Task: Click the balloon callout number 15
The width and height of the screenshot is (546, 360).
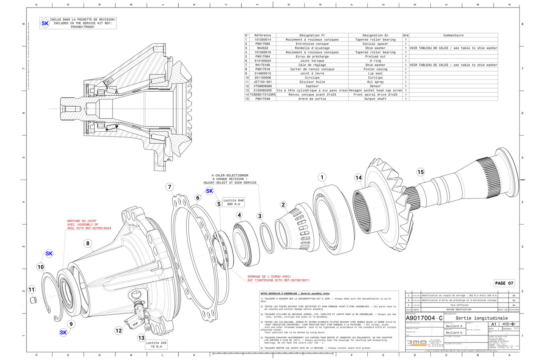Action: click(421, 172)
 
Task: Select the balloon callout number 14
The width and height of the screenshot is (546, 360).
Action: click(358, 178)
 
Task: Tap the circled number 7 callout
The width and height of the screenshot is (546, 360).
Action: click(170, 187)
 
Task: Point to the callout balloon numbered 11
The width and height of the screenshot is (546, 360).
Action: click(32, 290)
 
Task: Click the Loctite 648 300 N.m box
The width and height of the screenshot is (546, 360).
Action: click(234, 202)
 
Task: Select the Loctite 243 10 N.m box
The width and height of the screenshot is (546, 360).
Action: click(156, 344)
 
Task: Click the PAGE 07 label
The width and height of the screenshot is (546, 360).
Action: click(504, 283)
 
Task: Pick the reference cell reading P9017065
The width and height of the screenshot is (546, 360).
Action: click(263, 44)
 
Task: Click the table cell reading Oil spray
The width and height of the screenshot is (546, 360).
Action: click(375, 82)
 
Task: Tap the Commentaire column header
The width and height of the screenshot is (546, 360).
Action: click(453, 35)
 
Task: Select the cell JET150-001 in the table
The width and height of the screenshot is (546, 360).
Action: click(263, 82)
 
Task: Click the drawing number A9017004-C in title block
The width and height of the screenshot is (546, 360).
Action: click(424, 318)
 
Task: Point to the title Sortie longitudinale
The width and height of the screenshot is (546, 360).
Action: click(481, 318)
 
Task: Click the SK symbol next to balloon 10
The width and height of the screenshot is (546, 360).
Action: click(49, 253)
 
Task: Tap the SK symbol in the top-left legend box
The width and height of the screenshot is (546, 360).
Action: click(45, 23)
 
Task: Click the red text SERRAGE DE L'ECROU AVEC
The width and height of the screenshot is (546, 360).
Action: click(269, 276)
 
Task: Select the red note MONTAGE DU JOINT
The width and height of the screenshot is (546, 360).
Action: click(82, 221)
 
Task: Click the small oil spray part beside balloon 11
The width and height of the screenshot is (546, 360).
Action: click(33, 300)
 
